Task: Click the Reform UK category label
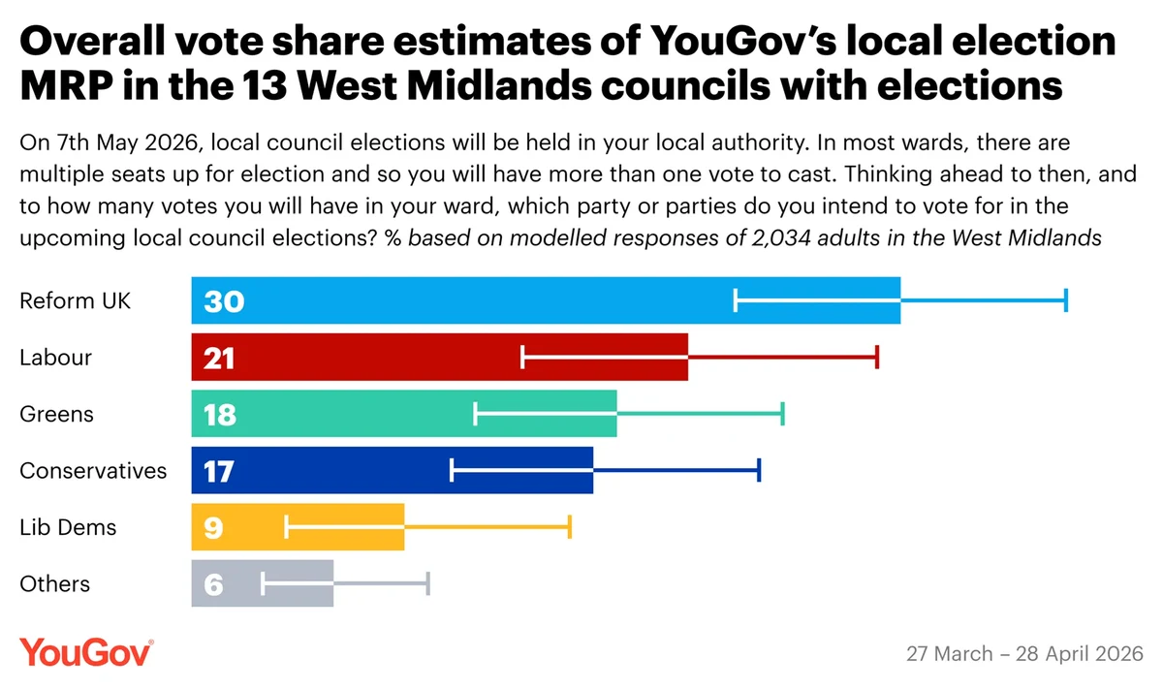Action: pos(75,300)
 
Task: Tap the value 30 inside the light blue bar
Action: pos(224,301)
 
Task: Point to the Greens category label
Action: pos(57,414)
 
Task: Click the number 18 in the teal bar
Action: pos(220,415)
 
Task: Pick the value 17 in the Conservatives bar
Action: pos(219,471)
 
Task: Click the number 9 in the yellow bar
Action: pos(212,528)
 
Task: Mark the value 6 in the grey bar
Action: pos(213,585)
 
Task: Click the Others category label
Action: pos(55,583)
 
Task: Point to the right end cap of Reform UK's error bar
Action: pos(1066,300)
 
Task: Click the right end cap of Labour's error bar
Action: pos(877,357)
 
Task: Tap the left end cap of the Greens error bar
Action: pos(476,414)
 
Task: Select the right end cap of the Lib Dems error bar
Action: pos(571,527)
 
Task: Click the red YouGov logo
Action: pos(86,652)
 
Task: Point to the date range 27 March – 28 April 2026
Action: pos(1024,653)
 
